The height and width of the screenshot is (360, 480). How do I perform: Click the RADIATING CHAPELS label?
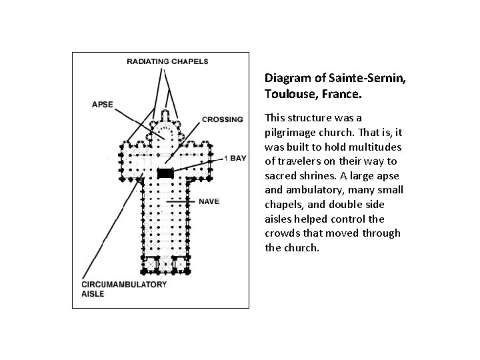pyautogui.click(x=167, y=61)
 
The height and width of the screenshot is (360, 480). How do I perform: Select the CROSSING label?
pyautogui.click(x=222, y=120)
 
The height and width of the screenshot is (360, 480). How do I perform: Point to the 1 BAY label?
pyautogui.click(x=235, y=157)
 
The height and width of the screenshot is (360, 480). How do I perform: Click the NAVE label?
pyautogui.click(x=209, y=201)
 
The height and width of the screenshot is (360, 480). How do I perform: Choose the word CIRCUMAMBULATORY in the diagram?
pyautogui.click(x=124, y=285)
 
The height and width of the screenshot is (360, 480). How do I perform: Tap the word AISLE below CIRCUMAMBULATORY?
pyautogui.click(x=93, y=294)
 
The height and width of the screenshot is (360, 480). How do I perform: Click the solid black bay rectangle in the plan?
pyautogui.click(x=165, y=173)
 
